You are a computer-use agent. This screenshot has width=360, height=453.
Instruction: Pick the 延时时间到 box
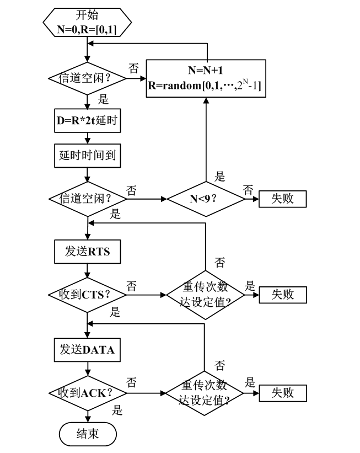[88, 156]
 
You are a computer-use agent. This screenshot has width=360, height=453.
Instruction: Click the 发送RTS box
[88, 252]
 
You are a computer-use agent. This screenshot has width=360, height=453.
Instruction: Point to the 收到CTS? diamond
[88, 294]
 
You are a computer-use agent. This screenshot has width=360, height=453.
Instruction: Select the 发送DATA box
[88, 350]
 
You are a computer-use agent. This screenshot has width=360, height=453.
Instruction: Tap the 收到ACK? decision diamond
[88, 393]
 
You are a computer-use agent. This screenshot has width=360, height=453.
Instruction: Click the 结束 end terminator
[88, 433]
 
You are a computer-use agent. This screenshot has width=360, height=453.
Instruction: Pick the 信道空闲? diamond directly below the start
[88, 78]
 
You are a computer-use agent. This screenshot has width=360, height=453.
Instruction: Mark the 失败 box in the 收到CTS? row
[283, 294]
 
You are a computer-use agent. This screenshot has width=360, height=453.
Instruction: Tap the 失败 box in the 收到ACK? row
[283, 393]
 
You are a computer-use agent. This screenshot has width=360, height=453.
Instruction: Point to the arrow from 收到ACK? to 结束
[88, 415]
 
